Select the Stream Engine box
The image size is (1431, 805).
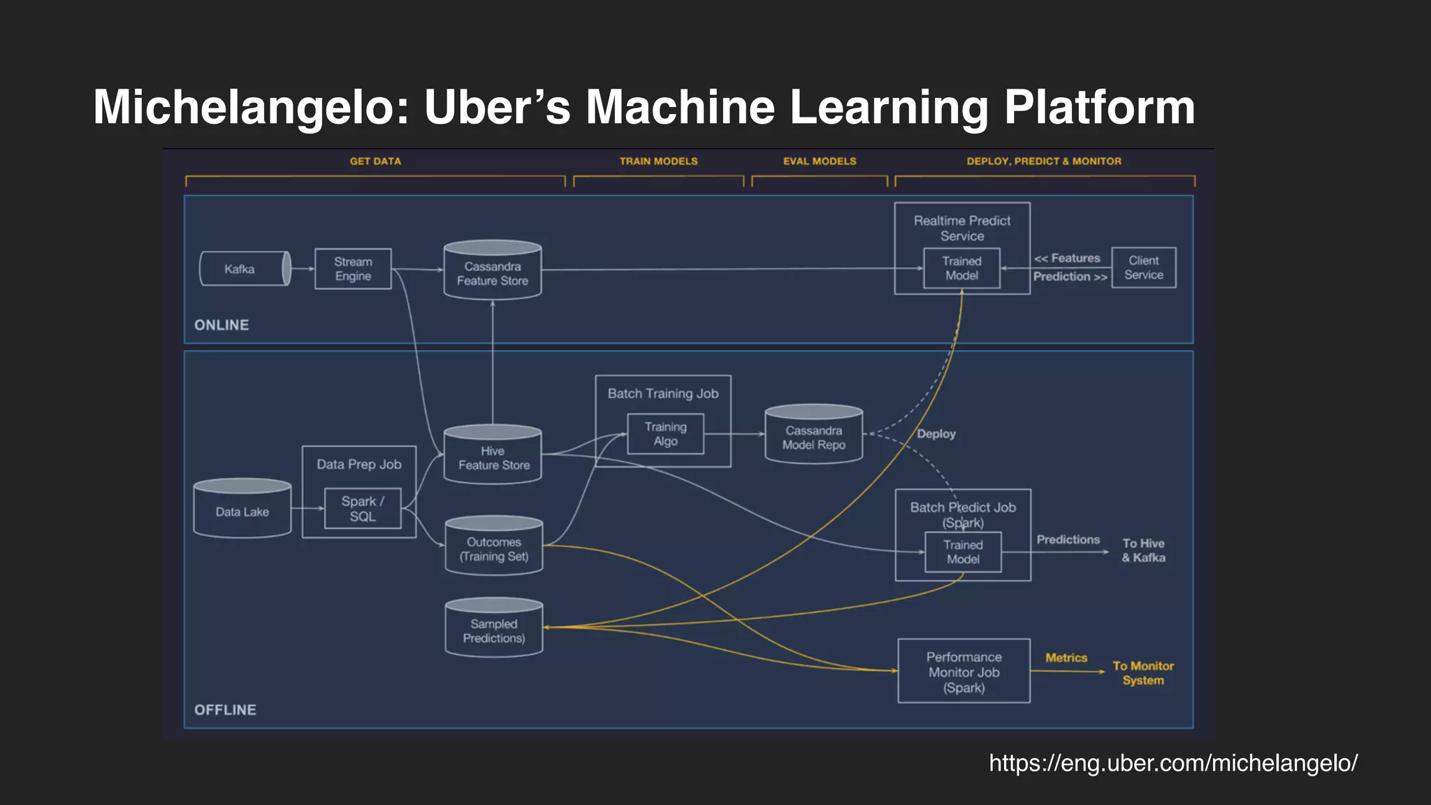tap(353, 269)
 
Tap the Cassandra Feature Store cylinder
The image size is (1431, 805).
tap(493, 273)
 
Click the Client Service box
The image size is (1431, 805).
tap(1144, 268)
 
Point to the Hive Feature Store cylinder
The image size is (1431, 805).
tap(493, 457)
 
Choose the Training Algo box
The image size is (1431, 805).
tap(665, 434)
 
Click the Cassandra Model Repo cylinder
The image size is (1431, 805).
tap(813, 437)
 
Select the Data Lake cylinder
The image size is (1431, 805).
tap(242, 511)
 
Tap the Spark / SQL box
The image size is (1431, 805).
tap(363, 509)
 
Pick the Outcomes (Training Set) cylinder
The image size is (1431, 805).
tap(494, 549)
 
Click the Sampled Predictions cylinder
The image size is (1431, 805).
tap(494, 630)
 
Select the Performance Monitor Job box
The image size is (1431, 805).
tap(964, 672)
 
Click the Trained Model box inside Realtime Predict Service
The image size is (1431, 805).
tap(961, 268)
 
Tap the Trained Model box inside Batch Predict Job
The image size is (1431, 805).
tap(963, 552)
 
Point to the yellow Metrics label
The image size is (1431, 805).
tap(1066, 658)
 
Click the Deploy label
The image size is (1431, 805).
tap(936, 434)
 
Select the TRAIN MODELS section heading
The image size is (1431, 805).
tap(658, 161)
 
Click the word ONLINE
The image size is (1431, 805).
tap(221, 325)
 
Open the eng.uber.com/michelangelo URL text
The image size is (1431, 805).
tap(1173, 763)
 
